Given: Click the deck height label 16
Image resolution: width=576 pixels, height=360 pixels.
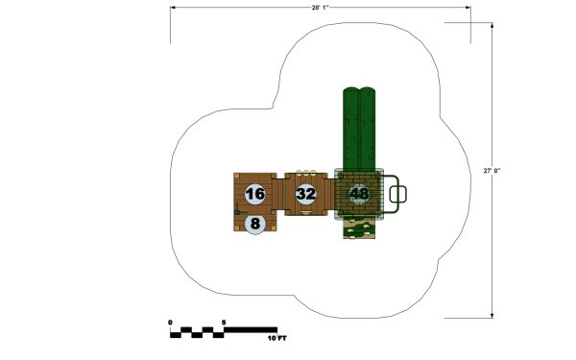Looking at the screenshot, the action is pos(255,194).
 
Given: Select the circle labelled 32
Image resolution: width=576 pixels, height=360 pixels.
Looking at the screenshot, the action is pos(305,194).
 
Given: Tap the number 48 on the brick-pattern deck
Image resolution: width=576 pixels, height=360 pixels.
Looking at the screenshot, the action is pos(359,194).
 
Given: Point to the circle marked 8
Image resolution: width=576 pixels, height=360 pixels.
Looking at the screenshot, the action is pos(255,224).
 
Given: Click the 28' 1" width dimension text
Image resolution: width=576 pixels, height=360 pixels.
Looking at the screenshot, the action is pos(321,8).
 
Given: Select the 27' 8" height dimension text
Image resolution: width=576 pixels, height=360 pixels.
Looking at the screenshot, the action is pos(492,171).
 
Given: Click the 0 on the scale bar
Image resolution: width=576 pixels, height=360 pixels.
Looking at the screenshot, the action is pos(170,323).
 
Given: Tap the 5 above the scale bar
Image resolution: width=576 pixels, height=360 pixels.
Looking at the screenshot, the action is pos(224,323).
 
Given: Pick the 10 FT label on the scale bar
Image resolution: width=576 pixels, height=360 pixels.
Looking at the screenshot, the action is pos(277,338).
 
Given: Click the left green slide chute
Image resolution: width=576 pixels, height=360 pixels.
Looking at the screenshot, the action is pos(350,130).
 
